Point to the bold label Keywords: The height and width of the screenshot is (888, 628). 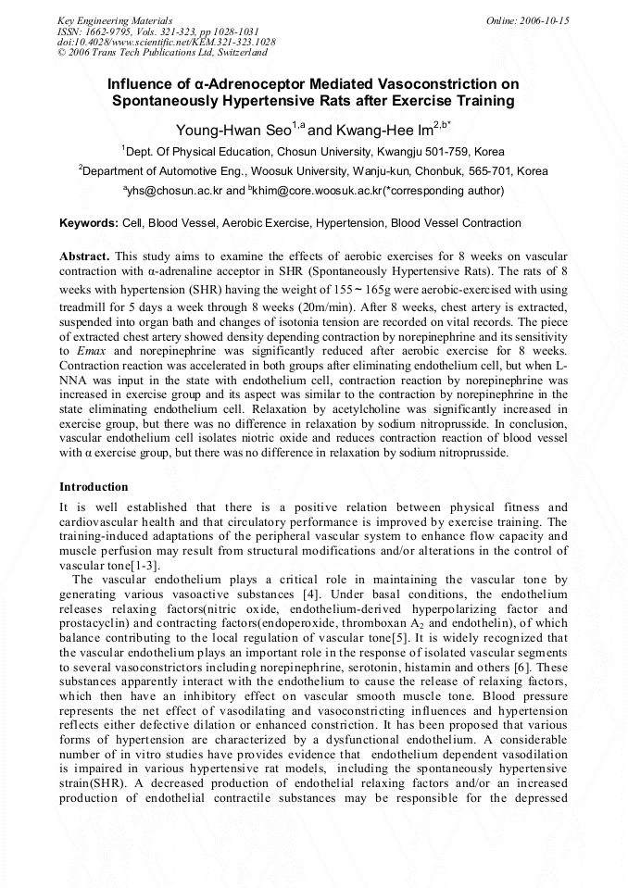pos(89,223)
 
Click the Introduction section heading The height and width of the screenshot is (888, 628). pos(94,487)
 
